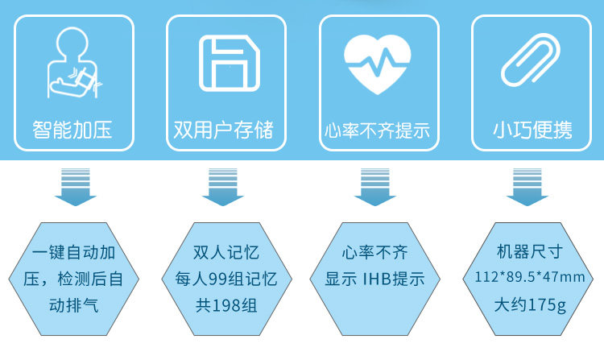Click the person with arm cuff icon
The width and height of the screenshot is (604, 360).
(74, 64)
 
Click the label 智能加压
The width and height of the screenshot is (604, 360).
(73, 129)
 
